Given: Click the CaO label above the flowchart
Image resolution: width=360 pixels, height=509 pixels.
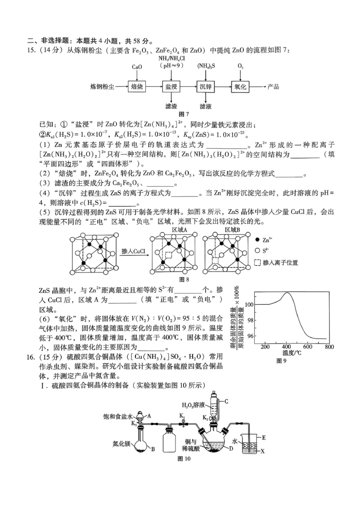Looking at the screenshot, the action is pyautogui.click(x=137, y=67).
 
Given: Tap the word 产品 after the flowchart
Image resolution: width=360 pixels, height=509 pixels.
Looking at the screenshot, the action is pyautogui.click(x=273, y=86).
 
